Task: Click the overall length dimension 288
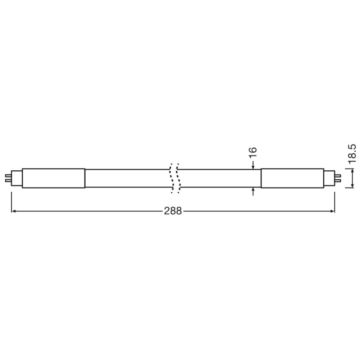pyautogui.click(x=173, y=211)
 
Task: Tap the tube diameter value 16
pyautogui.click(x=252, y=152)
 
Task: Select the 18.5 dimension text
pyautogui.click(x=352, y=154)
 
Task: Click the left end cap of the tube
pyautogui.click(x=53, y=178)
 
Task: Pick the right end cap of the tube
pyautogui.click(x=293, y=178)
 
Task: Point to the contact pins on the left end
pyautogui.click(x=8, y=178)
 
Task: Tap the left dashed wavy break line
pyautogui.click(x=171, y=178)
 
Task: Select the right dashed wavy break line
pyautogui.click(x=178, y=178)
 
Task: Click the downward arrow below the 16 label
pyautogui.click(x=253, y=165)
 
